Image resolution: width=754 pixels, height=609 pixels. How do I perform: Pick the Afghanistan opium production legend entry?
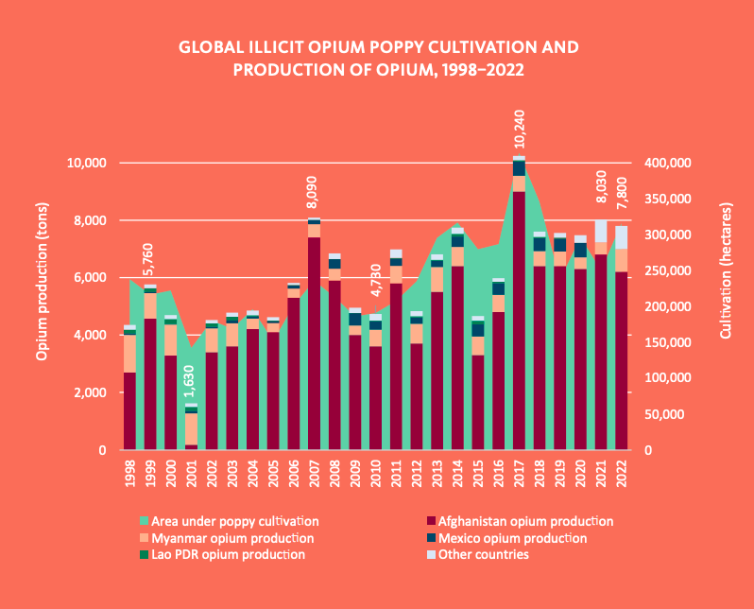pos(518,521)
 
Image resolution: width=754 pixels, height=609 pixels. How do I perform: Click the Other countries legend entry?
pos(481,555)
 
